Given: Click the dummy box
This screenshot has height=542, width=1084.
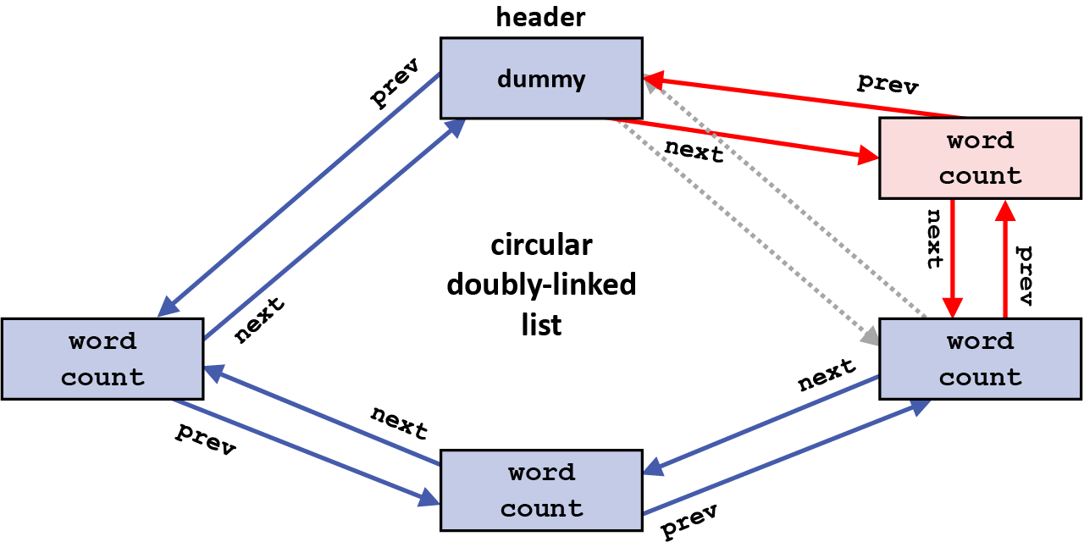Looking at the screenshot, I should coord(541,78).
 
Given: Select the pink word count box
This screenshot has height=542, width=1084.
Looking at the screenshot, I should coord(980,158).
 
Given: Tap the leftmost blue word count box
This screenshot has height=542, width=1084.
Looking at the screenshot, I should coord(102,359).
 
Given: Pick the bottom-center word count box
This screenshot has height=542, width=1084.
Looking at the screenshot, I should coord(541,489).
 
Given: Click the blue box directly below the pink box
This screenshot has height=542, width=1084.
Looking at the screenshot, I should coord(980,359).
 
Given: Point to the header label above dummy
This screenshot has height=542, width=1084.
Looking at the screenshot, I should coord(541,16).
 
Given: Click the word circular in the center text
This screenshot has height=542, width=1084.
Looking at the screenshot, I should coord(541,246).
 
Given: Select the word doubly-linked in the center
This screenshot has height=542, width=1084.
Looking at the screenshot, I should coord(541,285).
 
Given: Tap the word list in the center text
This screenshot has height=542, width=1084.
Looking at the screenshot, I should coord(541,324).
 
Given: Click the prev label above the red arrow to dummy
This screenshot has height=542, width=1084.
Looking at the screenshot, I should coord(888,83).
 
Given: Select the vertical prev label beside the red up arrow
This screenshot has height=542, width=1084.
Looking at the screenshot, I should coord(1025,276).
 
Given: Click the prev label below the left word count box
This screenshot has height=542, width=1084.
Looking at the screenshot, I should coord(205,440).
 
